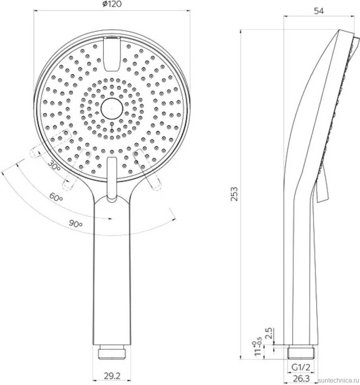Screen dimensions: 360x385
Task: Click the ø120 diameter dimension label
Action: (x=112, y=4)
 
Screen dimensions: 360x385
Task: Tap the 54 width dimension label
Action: (x=319, y=11)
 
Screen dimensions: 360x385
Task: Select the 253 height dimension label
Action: (x=234, y=194)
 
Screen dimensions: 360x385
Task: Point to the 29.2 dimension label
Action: (x=112, y=375)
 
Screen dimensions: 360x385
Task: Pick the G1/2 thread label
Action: (x=301, y=368)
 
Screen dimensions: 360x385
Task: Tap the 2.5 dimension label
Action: (x=269, y=333)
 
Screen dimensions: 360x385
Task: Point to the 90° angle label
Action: (x=75, y=224)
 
